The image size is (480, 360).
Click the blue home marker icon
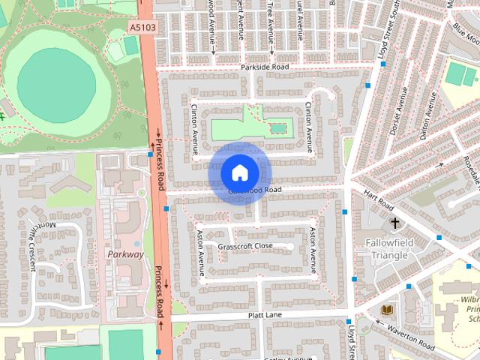tap(239, 173)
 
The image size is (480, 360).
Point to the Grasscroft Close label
tap(245, 246)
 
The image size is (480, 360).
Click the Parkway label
tap(125, 254)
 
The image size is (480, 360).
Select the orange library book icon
tap(387, 310)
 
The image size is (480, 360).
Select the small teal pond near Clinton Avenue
tap(278, 129)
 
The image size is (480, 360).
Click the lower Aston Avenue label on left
tap(200, 253)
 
